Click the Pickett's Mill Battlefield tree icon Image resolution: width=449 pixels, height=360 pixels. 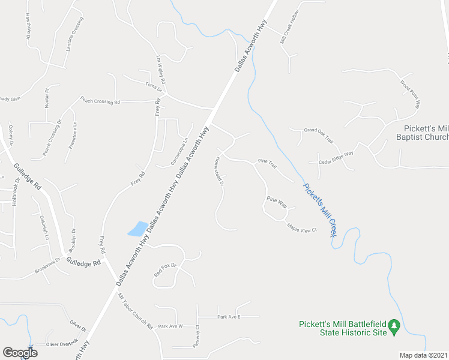pos(394,327)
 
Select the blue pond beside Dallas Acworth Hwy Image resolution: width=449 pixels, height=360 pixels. pos(137,229)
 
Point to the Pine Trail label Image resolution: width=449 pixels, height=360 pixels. pos(266,162)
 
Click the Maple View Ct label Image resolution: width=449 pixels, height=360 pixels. pos(302,228)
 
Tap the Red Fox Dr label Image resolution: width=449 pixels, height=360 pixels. pos(166,269)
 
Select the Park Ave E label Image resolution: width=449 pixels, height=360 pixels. pos(229,316)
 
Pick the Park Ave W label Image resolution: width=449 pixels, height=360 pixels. pos(170,326)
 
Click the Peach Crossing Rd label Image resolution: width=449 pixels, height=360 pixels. pos(100,101)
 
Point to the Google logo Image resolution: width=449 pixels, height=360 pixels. pos(20,353)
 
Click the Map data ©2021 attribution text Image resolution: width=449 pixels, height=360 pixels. pos(423,355)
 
